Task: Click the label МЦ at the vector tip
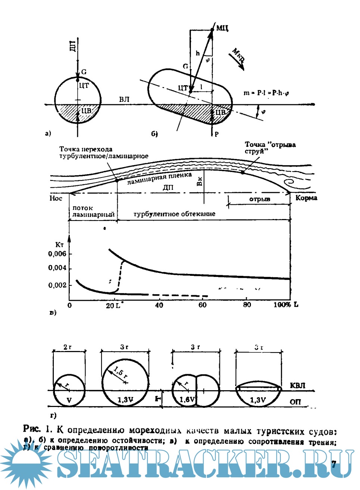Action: [222, 28]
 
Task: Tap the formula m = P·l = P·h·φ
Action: [266, 93]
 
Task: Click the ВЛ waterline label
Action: [124, 99]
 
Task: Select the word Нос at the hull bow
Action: [56, 198]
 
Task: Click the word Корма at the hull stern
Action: [306, 198]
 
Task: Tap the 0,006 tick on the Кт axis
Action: [57, 254]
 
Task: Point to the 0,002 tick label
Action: [57, 285]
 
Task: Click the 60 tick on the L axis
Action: [202, 305]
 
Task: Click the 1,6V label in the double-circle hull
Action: [187, 400]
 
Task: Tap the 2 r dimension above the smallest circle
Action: [68, 347]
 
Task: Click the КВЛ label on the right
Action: [298, 385]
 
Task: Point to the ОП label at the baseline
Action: [295, 402]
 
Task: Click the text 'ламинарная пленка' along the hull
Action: [159, 178]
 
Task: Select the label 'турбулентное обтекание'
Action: [174, 214]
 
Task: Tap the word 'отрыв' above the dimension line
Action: [260, 199]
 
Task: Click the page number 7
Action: [334, 464]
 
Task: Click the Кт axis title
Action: [59, 245]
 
